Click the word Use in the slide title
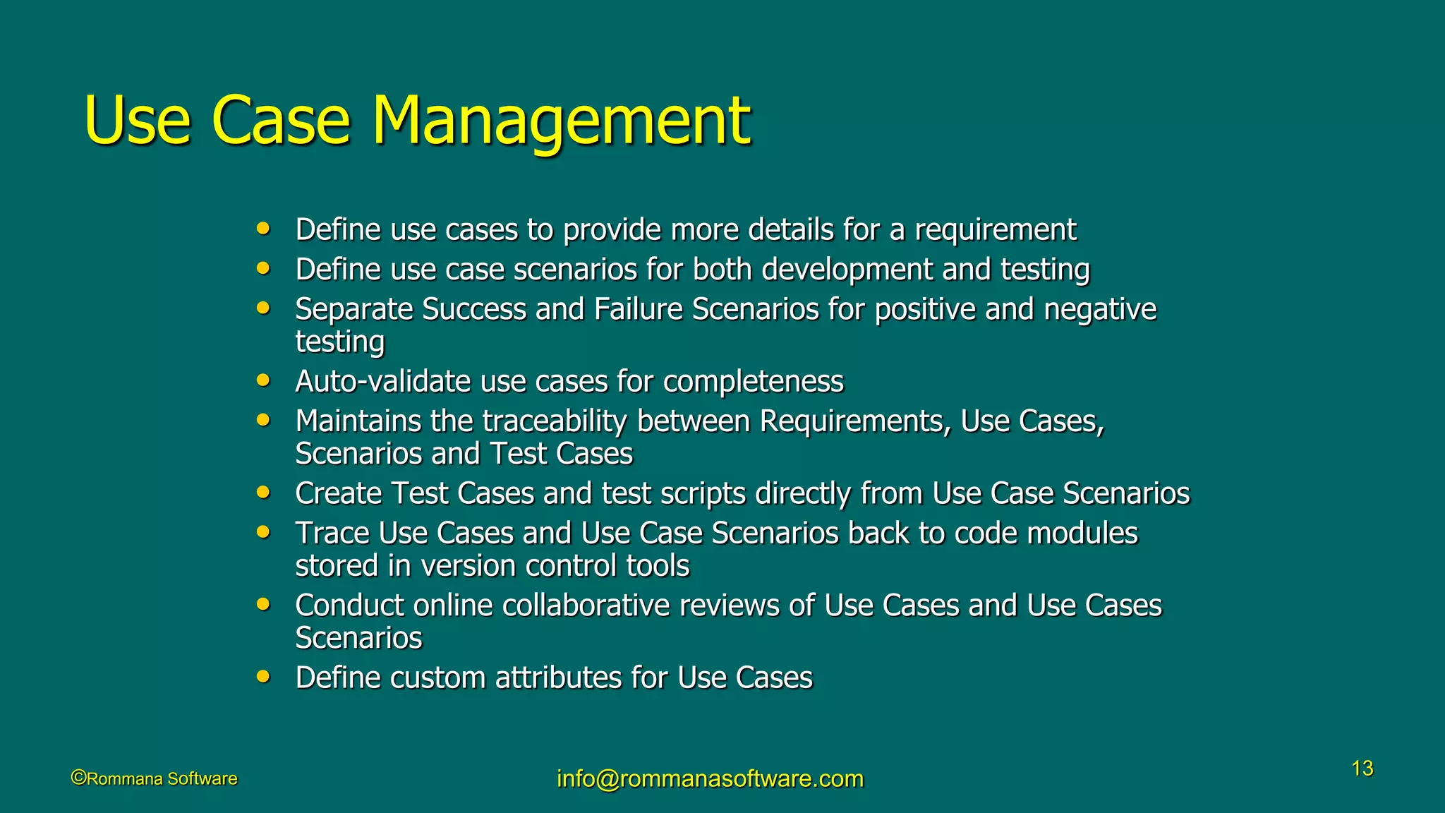(x=137, y=121)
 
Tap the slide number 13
(x=1362, y=769)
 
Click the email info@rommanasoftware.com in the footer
(x=710, y=778)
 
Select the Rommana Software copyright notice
(x=155, y=778)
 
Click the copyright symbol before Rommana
(x=78, y=778)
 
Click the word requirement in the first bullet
(x=995, y=230)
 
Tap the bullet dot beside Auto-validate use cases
(x=263, y=380)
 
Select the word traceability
(x=555, y=421)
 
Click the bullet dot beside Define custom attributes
(x=263, y=677)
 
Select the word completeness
(x=753, y=382)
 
